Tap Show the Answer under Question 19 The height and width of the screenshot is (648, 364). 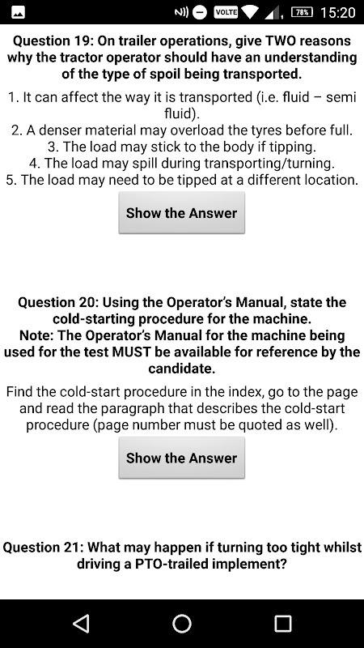(181, 213)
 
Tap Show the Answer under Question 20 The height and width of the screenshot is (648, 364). (181, 458)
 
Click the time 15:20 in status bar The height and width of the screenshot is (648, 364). (337, 12)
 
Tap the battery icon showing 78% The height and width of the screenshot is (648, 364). (302, 12)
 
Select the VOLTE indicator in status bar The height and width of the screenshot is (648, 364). (226, 12)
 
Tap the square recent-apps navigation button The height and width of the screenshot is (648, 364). (283, 623)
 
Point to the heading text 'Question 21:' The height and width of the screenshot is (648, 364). (44, 548)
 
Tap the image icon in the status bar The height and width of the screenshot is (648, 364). (18, 13)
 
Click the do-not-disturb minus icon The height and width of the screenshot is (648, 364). (200, 13)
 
